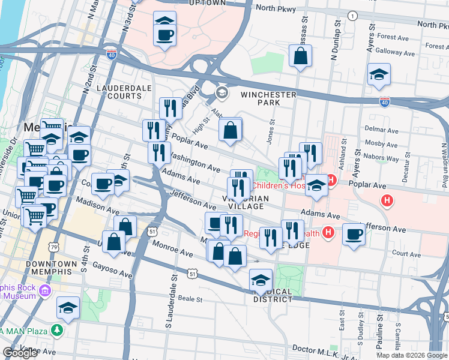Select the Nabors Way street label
click(x=384, y=159)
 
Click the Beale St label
click(x=191, y=298)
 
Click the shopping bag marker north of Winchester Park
click(x=300, y=57)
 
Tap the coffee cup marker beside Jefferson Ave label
click(x=354, y=234)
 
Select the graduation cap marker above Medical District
click(x=261, y=280)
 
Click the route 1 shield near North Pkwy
click(x=352, y=15)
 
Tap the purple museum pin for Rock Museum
click(x=44, y=292)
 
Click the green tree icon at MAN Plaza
click(x=56, y=330)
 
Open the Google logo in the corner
click(x=20, y=353)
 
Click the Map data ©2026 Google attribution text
click(x=411, y=355)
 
